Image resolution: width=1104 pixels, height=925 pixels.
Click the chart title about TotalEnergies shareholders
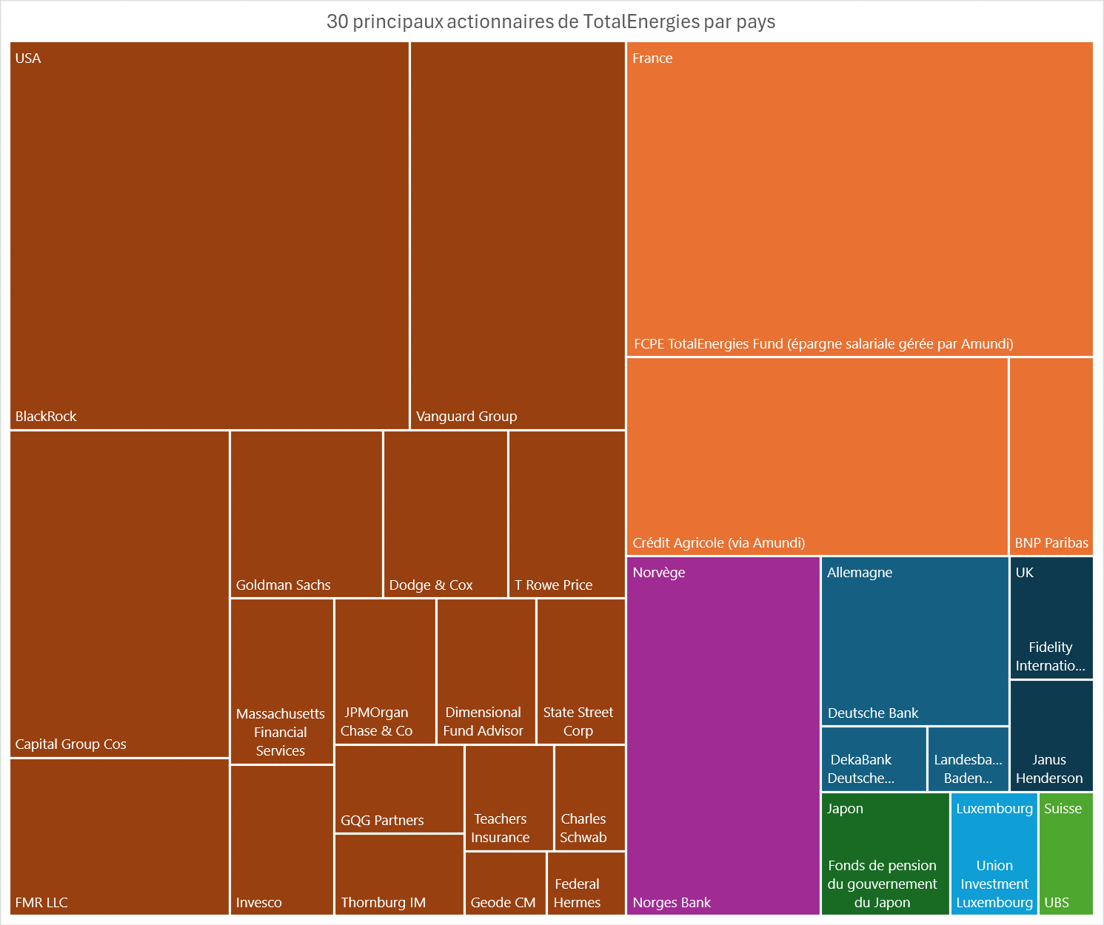[x=551, y=21]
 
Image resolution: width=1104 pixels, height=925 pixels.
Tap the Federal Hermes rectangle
[x=586, y=883]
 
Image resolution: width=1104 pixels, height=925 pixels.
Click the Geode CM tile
[x=505, y=883]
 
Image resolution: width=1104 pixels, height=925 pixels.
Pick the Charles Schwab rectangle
[x=589, y=798]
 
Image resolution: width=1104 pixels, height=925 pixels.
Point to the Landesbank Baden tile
[x=968, y=758]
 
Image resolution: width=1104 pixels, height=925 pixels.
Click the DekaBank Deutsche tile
[x=874, y=758]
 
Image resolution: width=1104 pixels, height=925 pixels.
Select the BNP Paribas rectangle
[x=1051, y=456]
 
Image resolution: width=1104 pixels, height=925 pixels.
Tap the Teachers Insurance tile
[x=509, y=798]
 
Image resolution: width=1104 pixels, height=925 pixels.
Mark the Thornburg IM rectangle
[x=399, y=874]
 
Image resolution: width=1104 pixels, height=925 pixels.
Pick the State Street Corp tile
[x=581, y=670]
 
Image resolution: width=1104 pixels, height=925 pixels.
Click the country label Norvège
[x=658, y=573]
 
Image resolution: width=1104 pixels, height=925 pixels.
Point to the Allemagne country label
[x=859, y=573]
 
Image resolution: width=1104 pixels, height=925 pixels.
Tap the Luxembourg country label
[x=994, y=809]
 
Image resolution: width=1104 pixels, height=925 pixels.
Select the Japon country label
[x=845, y=809]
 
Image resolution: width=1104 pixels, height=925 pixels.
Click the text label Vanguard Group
[x=466, y=417]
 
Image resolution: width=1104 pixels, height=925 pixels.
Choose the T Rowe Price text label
[x=553, y=585]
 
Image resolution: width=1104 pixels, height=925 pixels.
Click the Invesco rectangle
[x=281, y=839]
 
